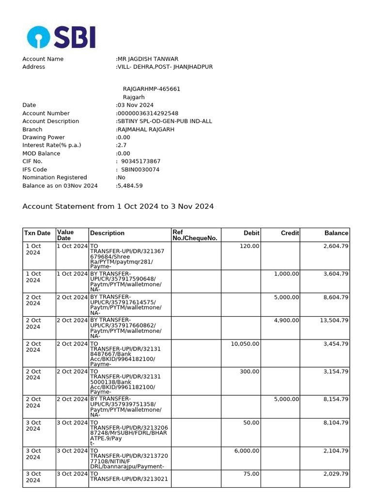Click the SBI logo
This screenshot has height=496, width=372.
point(61,37)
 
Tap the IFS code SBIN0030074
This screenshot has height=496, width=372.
point(140,170)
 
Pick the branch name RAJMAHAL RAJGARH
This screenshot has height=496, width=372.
point(145,129)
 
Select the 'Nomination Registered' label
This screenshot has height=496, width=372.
point(55,177)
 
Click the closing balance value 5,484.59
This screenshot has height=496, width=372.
point(129,186)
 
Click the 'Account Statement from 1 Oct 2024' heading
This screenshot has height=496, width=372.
point(118,206)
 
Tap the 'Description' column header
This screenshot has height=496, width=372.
point(107,233)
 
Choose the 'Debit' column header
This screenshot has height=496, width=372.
point(251,233)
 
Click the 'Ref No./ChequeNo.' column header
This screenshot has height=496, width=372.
point(195,235)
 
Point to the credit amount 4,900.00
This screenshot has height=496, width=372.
point(286,320)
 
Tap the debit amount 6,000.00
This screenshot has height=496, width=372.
point(247,450)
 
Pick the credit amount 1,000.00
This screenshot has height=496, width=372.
point(286,274)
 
